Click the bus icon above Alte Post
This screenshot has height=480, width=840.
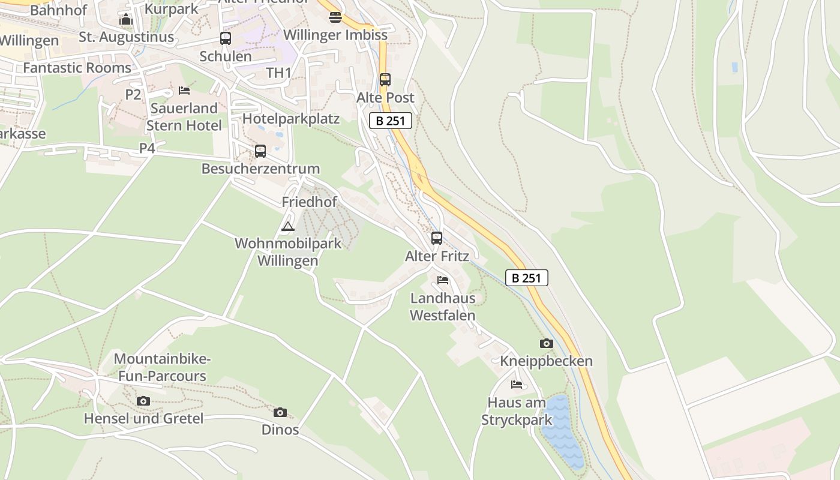tap(385, 79)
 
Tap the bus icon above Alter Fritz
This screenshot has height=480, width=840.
tap(437, 238)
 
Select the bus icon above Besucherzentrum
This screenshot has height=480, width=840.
tap(260, 151)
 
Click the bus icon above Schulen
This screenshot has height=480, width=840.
tap(226, 38)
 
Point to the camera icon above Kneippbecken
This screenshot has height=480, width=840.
tap(546, 343)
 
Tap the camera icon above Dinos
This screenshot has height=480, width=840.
tap(280, 412)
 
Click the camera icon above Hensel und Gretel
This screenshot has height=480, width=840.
tap(143, 401)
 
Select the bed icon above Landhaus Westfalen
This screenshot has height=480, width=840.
tap(443, 280)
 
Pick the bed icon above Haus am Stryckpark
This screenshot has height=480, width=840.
tap(517, 384)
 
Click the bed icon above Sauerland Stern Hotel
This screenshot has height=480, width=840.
tap(184, 91)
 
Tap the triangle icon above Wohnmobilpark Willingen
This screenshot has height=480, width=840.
tap(288, 226)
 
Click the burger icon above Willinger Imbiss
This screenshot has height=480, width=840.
tap(335, 17)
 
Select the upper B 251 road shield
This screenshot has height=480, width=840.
tap(391, 121)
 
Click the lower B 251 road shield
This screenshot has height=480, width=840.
tap(527, 278)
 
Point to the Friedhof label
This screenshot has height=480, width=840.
tap(310, 202)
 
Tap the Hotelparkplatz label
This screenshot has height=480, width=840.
tap(291, 119)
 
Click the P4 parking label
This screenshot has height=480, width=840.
tap(147, 148)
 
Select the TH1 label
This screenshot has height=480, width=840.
tap(279, 73)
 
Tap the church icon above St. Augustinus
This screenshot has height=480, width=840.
tap(126, 19)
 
